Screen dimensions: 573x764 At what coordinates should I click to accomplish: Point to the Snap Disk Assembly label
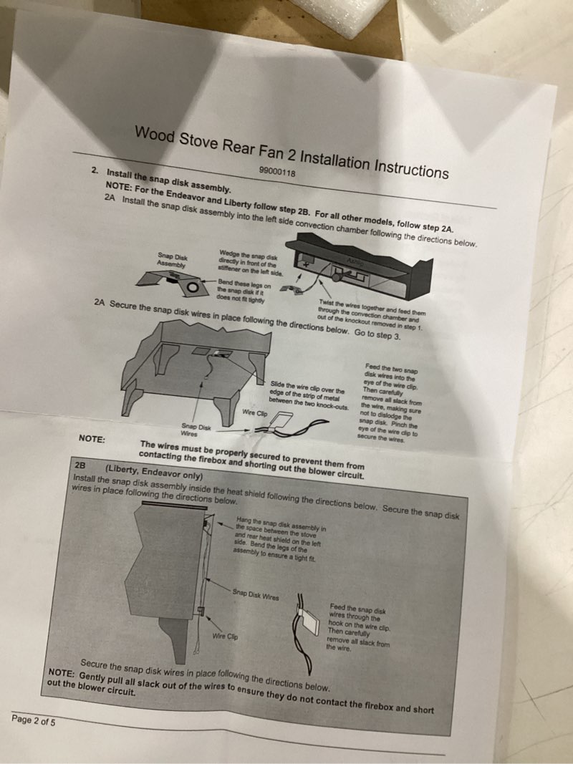(x=171, y=260)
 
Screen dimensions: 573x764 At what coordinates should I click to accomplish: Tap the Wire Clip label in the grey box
(x=226, y=637)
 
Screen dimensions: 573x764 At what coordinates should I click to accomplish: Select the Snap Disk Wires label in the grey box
(x=255, y=595)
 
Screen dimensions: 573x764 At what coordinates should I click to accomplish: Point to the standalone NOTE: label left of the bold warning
(x=92, y=439)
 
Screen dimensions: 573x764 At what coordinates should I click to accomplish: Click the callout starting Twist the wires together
(x=372, y=315)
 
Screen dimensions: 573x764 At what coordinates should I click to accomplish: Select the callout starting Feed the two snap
(x=390, y=402)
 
